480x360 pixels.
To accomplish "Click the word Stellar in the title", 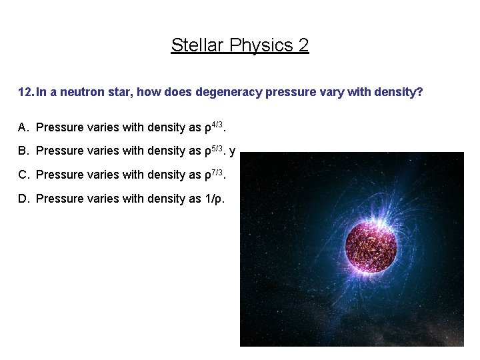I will (x=193, y=45).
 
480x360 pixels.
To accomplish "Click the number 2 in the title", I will (x=303, y=45).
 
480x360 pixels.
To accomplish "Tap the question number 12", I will (x=25, y=92).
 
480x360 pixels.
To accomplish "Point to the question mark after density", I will (x=420, y=92).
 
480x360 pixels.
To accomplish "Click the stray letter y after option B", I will (x=232, y=151).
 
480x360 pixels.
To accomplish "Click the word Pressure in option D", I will (x=59, y=199).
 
